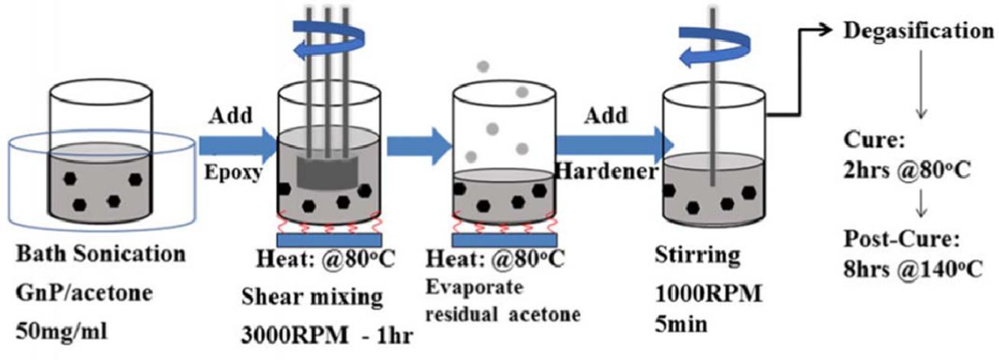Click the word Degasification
[x=913, y=31]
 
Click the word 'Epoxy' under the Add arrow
[x=233, y=173]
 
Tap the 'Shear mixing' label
[x=307, y=295]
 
